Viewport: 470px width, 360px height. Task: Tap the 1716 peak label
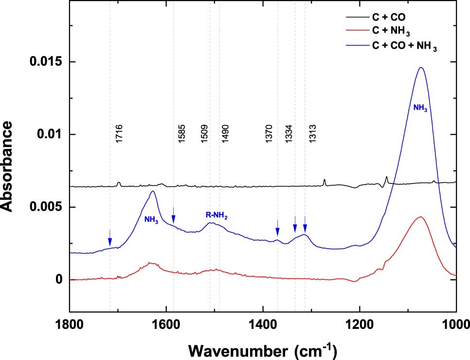pos(119,133)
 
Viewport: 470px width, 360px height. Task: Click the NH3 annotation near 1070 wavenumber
pos(420,108)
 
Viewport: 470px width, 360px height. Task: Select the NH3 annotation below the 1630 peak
pos(151,219)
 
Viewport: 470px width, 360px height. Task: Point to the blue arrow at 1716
pos(110,238)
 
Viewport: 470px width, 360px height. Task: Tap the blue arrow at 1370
pos(277,228)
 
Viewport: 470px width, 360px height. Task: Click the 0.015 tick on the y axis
pos(50,62)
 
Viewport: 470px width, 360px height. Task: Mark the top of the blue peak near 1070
pos(421,68)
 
